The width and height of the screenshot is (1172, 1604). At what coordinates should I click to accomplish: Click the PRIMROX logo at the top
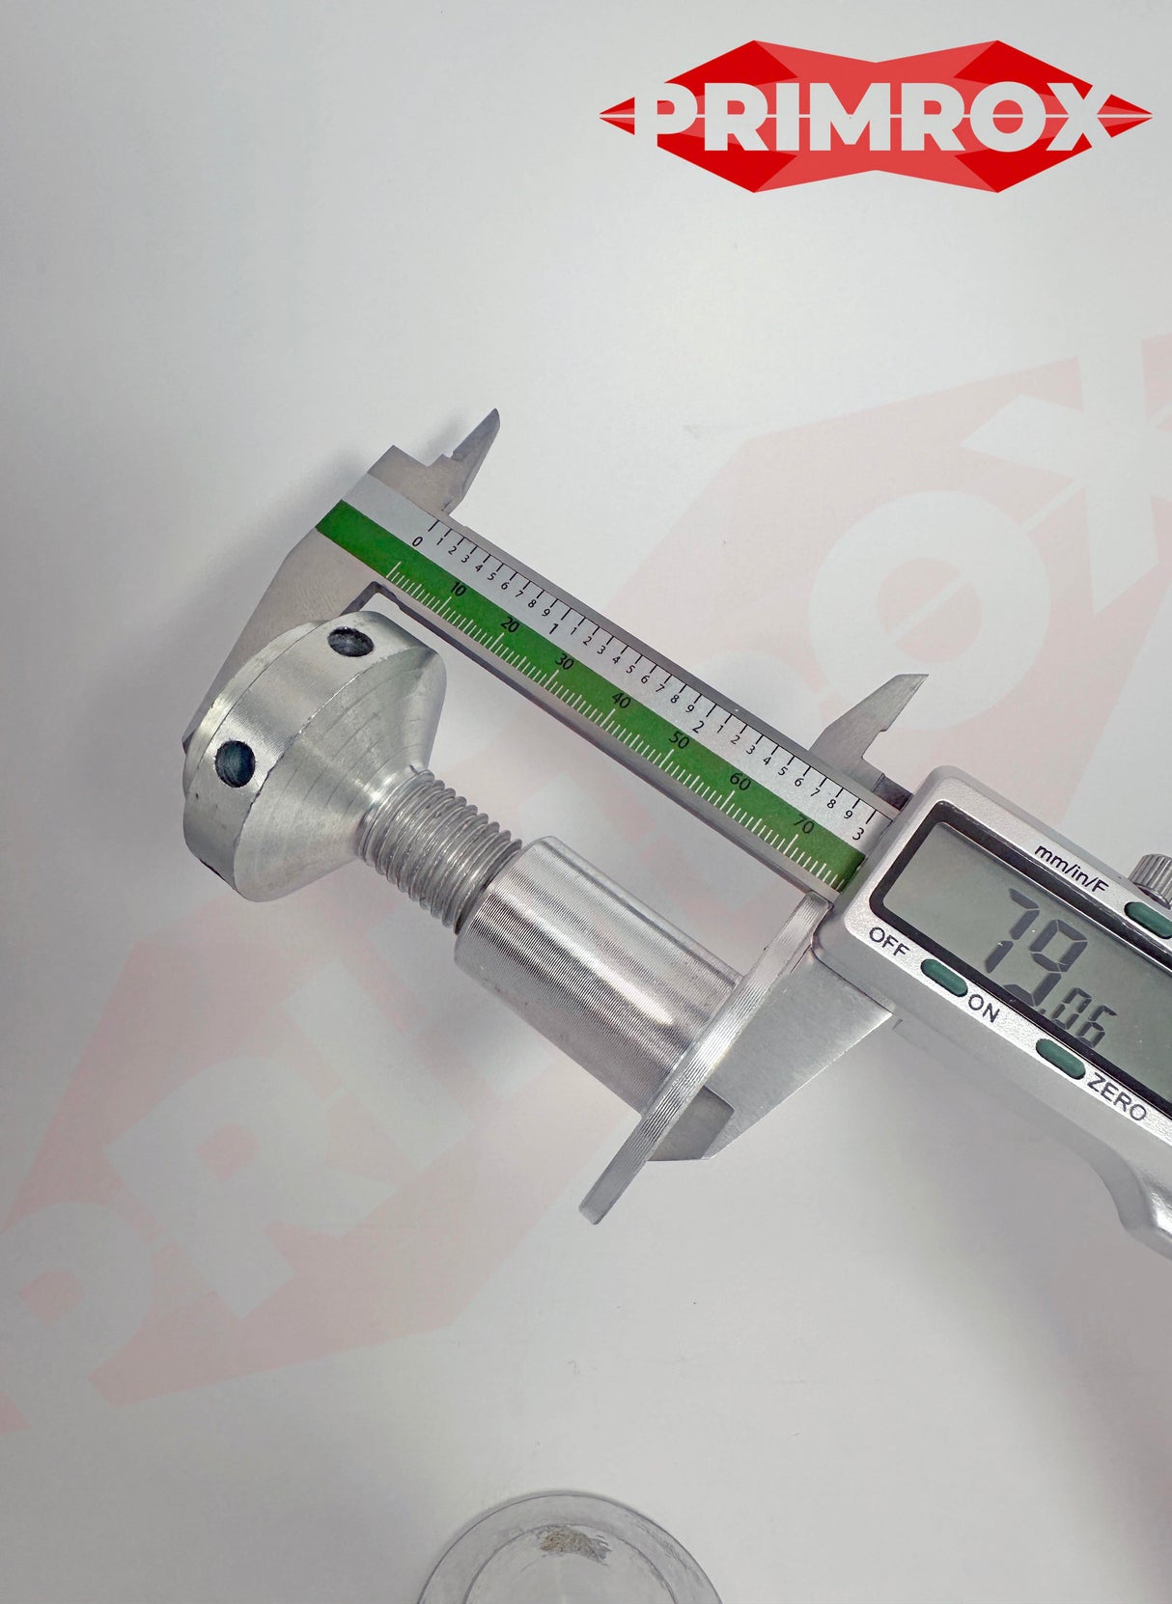pos(875,117)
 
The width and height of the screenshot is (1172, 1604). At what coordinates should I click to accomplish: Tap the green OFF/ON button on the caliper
pos(944,979)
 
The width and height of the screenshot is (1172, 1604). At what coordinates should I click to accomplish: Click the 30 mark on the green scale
pos(566,665)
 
